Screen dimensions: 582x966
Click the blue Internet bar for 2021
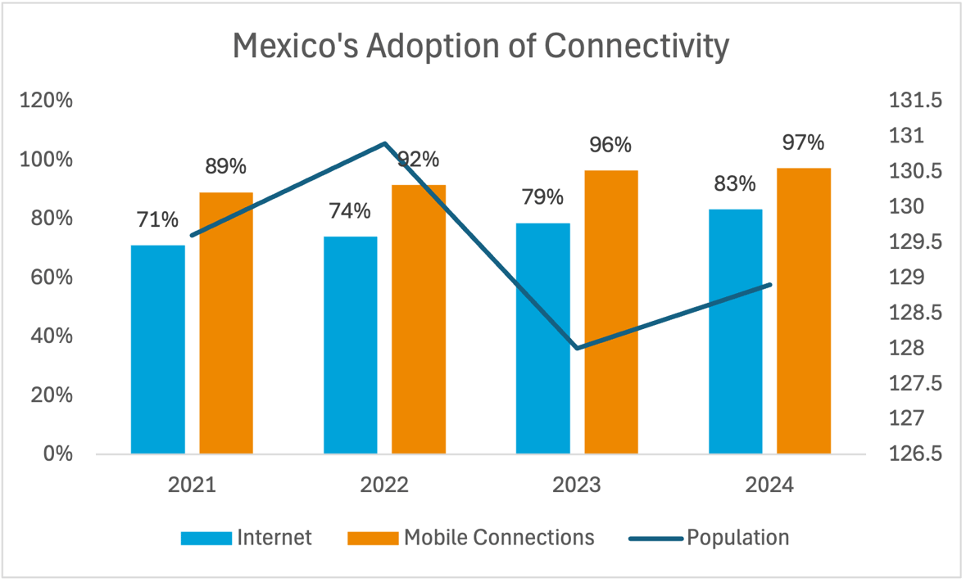158,350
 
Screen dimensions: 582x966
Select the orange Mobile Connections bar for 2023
610,312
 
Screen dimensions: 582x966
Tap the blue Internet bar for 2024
735,332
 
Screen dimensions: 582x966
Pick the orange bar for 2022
418,319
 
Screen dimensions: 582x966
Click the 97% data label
803,143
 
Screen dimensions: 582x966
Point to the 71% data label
158,220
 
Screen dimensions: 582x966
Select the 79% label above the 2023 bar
542,197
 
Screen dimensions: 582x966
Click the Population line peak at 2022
385,143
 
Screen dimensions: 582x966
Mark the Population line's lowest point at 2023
578,348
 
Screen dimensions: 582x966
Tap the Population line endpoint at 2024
770,285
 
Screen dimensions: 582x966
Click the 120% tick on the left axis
46,101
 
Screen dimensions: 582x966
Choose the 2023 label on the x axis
577,485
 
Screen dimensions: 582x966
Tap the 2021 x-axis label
192,485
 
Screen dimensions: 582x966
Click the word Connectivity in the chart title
636,47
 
